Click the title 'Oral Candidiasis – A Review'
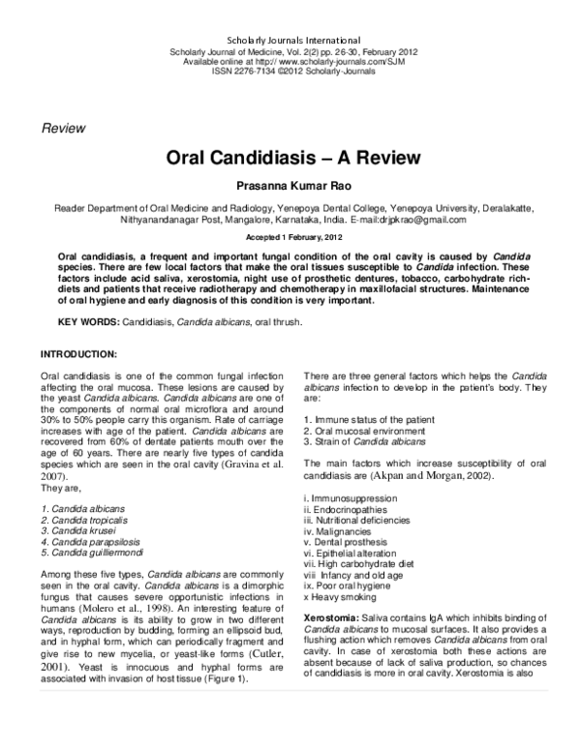point(290,157)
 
